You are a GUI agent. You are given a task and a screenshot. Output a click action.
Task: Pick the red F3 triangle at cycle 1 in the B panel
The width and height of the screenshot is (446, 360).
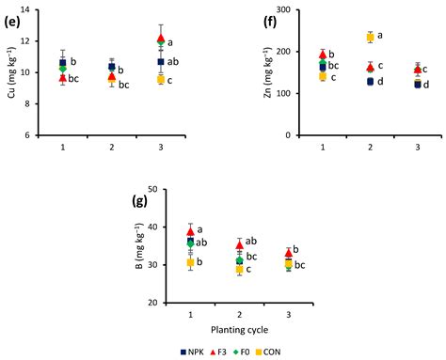pyautogui.click(x=191, y=231)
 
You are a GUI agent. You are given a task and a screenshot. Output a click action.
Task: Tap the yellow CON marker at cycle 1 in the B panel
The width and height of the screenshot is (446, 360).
pyautogui.click(x=191, y=263)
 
